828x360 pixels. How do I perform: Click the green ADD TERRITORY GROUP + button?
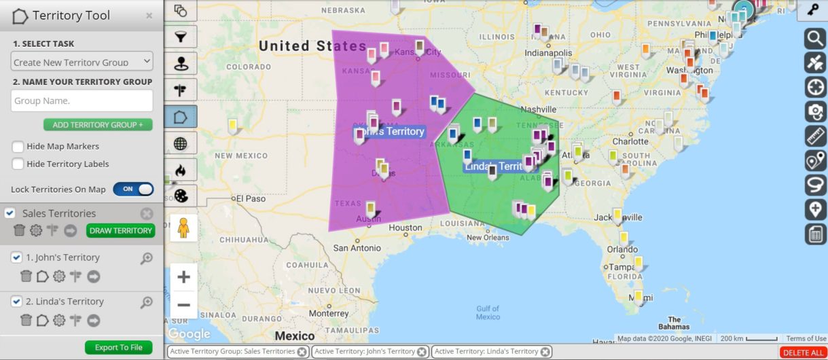click(x=98, y=125)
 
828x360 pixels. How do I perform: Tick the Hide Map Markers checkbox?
click(x=18, y=146)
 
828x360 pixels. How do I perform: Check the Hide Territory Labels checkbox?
click(x=18, y=164)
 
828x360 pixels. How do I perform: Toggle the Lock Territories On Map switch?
click(x=133, y=190)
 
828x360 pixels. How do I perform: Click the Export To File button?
click(x=118, y=347)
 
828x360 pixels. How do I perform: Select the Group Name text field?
click(x=82, y=101)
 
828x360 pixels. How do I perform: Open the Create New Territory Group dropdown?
click(x=82, y=62)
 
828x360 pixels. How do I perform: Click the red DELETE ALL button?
click(x=803, y=353)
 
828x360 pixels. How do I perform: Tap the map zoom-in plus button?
click(x=183, y=277)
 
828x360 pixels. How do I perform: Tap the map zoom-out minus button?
click(x=183, y=304)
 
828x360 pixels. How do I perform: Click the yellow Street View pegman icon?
click(x=183, y=228)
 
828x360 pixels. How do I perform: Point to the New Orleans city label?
click(x=488, y=237)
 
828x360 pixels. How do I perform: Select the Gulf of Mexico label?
click(x=488, y=312)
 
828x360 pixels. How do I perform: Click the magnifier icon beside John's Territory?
click(x=146, y=258)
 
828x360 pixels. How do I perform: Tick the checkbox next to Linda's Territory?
click(x=17, y=301)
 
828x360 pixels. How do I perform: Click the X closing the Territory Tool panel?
click(x=149, y=16)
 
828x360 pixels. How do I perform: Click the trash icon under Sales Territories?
click(x=20, y=231)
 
